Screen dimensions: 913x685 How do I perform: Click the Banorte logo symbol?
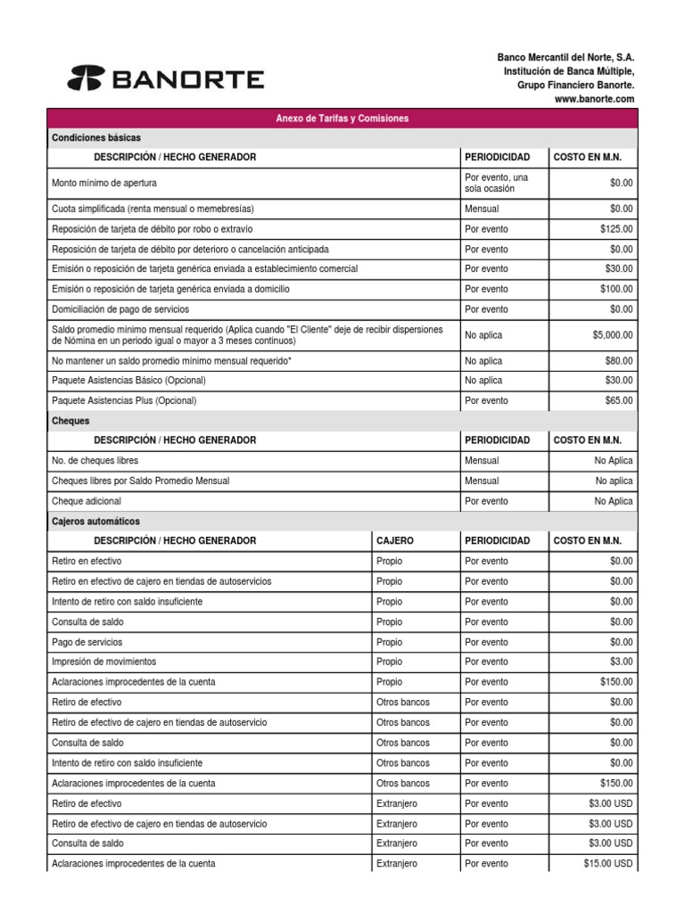87,79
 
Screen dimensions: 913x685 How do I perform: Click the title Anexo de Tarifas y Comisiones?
342,119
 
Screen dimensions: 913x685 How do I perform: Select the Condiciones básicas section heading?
96,138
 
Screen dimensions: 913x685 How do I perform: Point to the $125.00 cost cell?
616,228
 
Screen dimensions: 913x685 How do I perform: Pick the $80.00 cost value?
619,361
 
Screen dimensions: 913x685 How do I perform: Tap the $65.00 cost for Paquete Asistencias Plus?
619,401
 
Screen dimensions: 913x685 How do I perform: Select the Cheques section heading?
71,421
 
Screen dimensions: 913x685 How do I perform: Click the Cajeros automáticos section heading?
96,521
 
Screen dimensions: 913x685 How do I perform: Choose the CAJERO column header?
395,541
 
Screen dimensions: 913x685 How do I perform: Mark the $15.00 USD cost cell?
608,864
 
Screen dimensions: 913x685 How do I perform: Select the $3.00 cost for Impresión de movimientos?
622,662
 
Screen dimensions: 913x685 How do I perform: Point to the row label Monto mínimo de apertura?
104,183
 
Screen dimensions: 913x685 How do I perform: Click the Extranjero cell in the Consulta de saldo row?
397,843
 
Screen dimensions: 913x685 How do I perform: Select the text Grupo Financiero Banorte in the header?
576,85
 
